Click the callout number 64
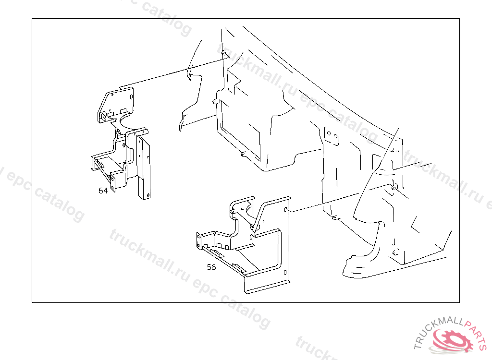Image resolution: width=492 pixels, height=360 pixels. tap(103, 191)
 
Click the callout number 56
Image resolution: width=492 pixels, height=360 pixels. tap(211, 267)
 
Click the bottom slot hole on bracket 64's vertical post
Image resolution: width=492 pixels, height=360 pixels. tap(148, 195)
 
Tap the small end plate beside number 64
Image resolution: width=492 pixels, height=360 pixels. tap(113, 183)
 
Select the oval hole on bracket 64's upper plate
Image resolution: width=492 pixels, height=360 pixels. tap(131, 97)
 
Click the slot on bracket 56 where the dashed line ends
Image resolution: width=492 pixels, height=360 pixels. tap(286, 209)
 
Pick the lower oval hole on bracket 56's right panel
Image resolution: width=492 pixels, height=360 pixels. tap(285, 273)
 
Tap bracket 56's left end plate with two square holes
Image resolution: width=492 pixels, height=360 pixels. tap(198, 240)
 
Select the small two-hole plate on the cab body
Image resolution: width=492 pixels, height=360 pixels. tap(332, 136)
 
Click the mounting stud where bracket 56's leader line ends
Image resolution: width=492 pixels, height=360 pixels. tap(394, 187)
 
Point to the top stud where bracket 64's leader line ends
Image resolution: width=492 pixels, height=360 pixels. tap(224, 54)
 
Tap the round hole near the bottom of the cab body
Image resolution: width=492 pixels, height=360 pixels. tap(396, 252)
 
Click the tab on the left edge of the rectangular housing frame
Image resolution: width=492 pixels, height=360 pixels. tap(215, 101)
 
